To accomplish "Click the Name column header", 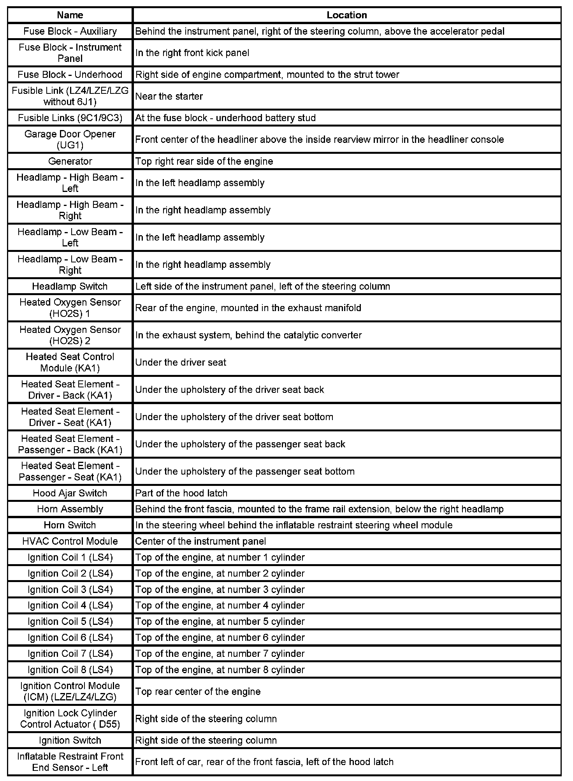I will coord(70,15).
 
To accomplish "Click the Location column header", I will coord(346,15).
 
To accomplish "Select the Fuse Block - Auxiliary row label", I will coord(70,31).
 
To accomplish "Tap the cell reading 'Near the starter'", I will coord(169,96).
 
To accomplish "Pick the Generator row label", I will coord(70,161).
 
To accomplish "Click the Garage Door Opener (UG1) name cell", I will coord(70,139).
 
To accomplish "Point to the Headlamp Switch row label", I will coord(70,286).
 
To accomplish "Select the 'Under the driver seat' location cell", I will coord(181,362).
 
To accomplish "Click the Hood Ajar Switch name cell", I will coord(70,493).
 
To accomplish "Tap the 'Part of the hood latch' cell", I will coord(181,493).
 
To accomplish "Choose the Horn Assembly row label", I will coord(70,509).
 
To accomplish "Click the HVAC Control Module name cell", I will coord(70,541).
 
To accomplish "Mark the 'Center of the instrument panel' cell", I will coord(200,541).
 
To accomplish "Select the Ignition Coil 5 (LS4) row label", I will coord(70,621).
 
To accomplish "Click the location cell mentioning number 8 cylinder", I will coord(220,670).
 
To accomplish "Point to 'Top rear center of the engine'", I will coord(198,691).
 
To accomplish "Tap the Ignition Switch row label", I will coord(70,740).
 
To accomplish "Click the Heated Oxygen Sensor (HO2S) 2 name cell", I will coord(70,335).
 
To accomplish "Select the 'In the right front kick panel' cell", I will coord(192,53).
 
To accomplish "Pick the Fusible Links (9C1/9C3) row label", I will coord(70,118).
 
